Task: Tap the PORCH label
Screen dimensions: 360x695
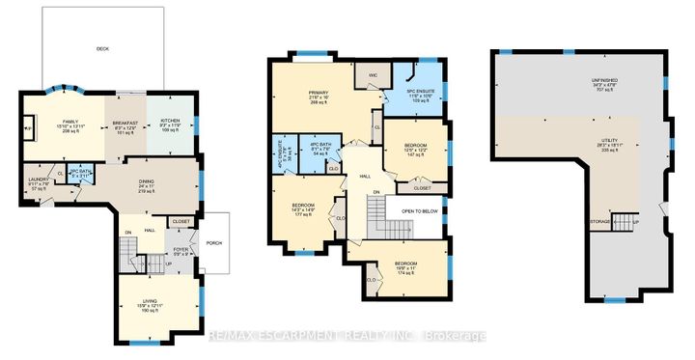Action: point(214,242)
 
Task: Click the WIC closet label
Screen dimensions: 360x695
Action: point(369,75)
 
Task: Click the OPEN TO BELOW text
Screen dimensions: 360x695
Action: point(421,210)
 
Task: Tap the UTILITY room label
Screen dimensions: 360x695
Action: point(619,143)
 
